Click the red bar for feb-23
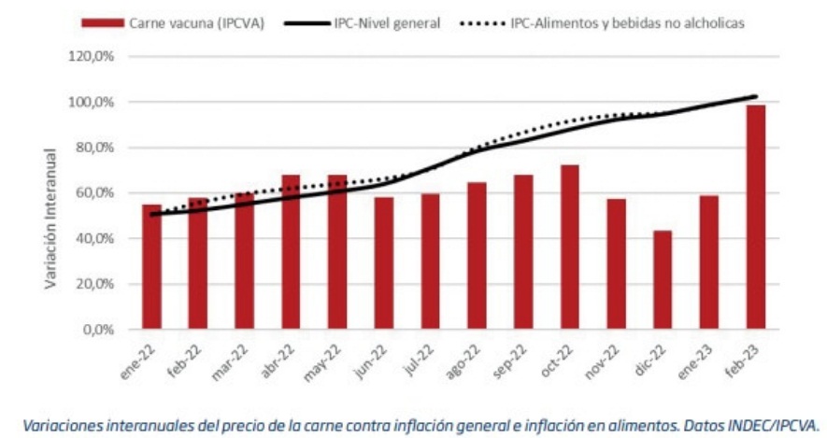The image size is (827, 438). pyautogui.click(x=755, y=217)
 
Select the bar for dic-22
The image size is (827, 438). pyautogui.click(x=663, y=280)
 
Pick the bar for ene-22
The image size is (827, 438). pyautogui.click(x=151, y=267)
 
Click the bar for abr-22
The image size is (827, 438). pyautogui.click(x=291, y=252)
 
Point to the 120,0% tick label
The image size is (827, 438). pyautogui.click(x=92, y=56)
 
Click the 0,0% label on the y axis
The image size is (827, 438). pyautogui.click(x=98, y=330)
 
